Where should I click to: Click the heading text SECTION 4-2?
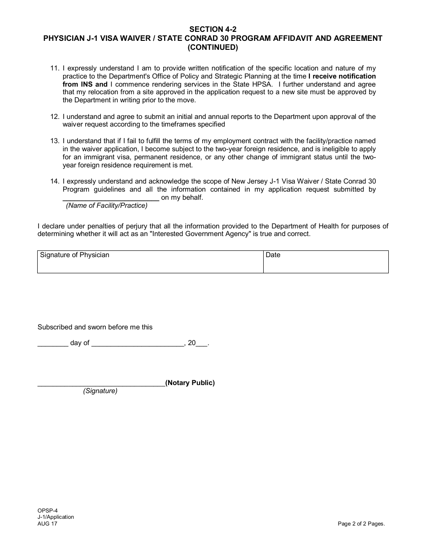coord(213,30)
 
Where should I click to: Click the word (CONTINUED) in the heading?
coord(213,47)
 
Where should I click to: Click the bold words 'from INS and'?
coord(85,84)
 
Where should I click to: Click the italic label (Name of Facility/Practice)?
coord(107,206)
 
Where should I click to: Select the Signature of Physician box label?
coord(74,255)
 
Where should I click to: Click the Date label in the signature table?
coord(273,255)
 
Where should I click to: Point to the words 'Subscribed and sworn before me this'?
coord(95,327)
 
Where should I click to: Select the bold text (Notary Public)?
coord(190,383)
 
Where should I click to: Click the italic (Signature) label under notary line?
coord(100,391)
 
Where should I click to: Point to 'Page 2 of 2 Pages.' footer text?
coord(361,523)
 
